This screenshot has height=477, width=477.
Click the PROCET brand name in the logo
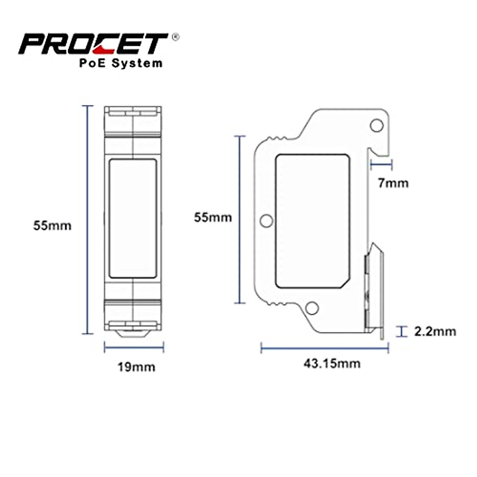point(93,43)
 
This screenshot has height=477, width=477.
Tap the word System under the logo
point(137,63)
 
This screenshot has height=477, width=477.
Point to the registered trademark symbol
point(175,37)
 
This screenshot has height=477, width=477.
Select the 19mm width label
point(136,366)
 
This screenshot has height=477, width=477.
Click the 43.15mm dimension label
point(332,363)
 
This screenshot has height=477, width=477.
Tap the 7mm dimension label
point(393,183)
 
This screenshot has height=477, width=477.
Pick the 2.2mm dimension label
point(435,331)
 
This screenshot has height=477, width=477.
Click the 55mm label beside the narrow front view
point(52,225)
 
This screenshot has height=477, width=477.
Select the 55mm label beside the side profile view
point(213,217)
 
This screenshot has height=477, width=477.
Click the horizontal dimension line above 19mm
point(134,347)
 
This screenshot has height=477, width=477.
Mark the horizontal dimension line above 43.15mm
point(324,349)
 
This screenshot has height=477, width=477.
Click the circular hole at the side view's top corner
point(376,126)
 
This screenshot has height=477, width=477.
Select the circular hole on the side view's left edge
point(266,221)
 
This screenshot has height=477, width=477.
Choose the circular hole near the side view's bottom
point(313,308)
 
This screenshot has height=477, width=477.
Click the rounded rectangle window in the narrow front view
point(133,219)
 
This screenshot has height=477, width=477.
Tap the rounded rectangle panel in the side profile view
point(312,221)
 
